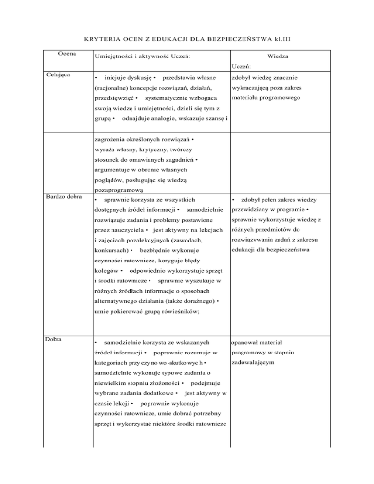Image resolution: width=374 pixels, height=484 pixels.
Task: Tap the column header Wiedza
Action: click(278, 57)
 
